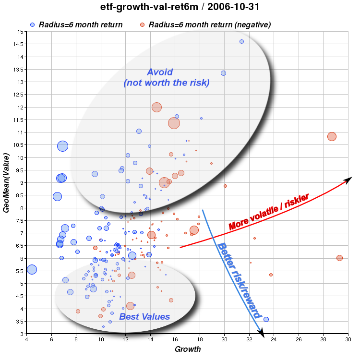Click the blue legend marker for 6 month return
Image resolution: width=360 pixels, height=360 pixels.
point(32,24)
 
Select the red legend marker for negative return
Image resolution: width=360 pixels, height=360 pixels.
point(142,24)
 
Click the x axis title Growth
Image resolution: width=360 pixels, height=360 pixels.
point(188,349)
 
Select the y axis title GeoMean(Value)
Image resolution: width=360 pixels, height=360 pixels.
point(6,183)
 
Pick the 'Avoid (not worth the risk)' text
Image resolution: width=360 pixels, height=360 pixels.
point(166,77)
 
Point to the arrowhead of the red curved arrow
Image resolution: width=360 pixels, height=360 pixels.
point(350,178)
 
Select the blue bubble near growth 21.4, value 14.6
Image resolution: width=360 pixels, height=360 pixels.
point(241,42)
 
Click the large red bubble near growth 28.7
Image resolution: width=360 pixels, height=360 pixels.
point(332,136)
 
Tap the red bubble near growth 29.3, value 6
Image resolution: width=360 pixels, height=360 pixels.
point(339,258)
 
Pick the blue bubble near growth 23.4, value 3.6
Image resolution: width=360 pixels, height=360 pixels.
point(266,319)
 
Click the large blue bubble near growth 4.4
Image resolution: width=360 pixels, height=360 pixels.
point(32,270)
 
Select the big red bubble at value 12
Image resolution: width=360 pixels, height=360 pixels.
point(156,108)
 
